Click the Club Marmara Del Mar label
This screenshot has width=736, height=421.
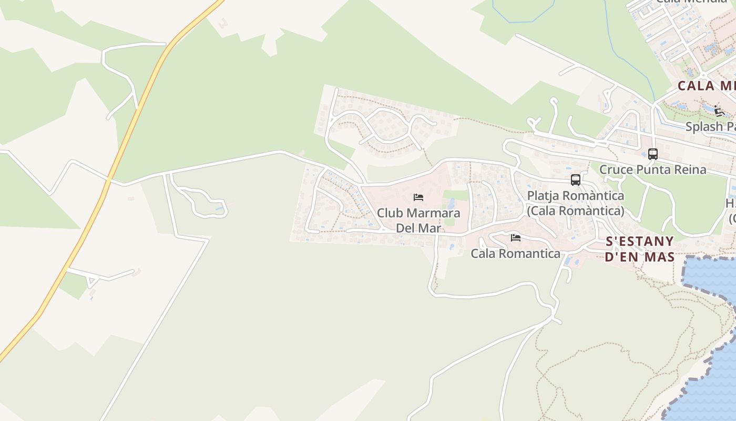click(418, 220)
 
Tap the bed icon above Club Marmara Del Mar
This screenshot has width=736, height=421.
click(418, 197)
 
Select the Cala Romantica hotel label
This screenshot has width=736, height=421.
click(515, 254)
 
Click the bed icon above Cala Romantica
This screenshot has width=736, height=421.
click(515, 238)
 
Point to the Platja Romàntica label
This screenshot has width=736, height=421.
click(576, 196)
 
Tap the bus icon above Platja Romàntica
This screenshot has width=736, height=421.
click(576, 180)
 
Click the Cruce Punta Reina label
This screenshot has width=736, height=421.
click(653, 169)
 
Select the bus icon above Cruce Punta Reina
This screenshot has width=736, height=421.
click(653, 154)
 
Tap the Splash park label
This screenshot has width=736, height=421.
click(710, 127)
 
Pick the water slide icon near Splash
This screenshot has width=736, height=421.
click(719, 111)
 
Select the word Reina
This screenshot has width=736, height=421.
click(689, 169)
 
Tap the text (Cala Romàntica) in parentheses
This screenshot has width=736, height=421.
click(576, 211)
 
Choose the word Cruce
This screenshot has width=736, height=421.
click(617, 169)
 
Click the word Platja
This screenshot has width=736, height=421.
click(544, 196)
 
